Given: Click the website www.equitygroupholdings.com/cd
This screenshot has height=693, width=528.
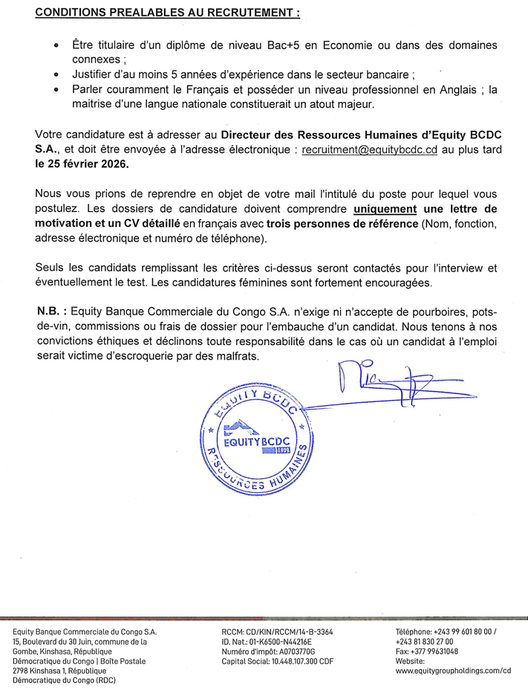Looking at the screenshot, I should [453, 670].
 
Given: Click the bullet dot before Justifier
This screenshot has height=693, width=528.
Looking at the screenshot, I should [57, 76].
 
